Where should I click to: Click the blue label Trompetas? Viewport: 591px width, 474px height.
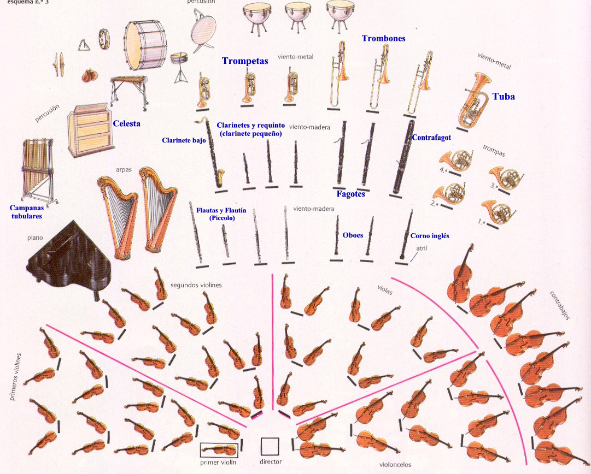tap(245, 61)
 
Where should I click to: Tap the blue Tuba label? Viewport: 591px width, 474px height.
tap(504, 97)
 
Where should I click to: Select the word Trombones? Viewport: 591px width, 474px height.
tap(383, 39)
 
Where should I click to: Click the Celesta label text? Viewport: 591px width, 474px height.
tap(127, 124)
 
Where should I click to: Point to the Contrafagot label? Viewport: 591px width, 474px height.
tap(431, 138)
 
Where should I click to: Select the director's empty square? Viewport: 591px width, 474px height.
tap(270, 446)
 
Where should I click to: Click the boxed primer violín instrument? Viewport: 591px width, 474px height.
tap(219, 449)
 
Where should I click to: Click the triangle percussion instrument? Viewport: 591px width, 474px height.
tap(83, 45)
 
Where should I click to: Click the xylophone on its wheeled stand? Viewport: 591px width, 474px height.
tap(129, 88)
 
